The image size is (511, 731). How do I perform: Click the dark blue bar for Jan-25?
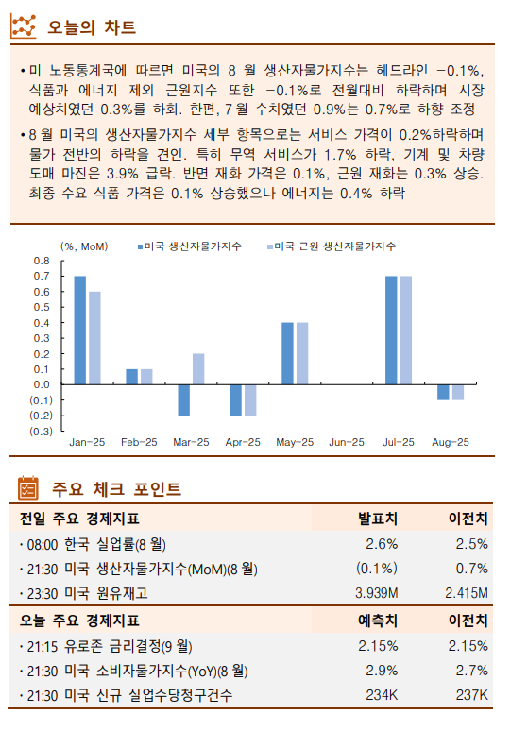80,331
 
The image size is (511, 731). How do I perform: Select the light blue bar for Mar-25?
198,369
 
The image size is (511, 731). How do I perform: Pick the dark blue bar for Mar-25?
184,399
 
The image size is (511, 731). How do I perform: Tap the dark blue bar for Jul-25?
391,331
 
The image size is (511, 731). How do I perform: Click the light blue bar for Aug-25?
458,392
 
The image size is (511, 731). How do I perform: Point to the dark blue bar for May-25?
288,353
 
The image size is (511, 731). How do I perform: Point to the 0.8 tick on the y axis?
41,261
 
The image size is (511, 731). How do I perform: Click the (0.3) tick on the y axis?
41,431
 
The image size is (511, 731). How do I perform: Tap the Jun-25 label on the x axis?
347,442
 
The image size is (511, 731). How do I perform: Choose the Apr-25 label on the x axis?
243,442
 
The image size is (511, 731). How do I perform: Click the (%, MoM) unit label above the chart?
85,246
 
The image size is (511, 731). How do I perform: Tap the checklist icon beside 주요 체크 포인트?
28,487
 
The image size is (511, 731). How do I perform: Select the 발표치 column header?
377,518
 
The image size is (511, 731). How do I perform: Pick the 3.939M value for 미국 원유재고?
376,593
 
